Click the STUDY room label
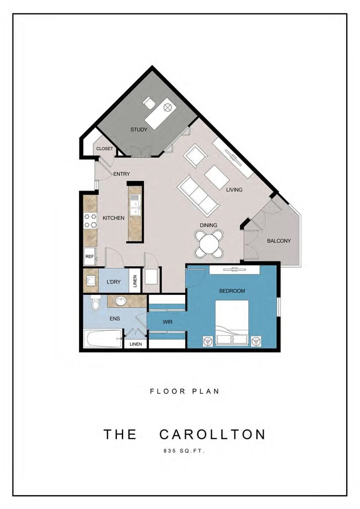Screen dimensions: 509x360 [x=139, y=130]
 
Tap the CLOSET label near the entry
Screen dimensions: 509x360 [x=104, y=149]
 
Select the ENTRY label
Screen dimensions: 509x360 [x=121, y=174]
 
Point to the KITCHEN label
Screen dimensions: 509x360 [x=113, y=218]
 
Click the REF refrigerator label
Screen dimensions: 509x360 [x=89, y=256]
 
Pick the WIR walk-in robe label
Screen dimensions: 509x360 [x=168, y=322]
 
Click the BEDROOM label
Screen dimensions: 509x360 [x=232, y=291]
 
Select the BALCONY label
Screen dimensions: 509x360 [x=279, y=241]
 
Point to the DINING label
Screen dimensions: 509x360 [x=210, y=226]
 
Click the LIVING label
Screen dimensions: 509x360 [x=234, y=190]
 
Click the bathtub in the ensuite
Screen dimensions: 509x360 [x=104, y=340]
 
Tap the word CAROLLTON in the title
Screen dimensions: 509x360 [x=212, y=434]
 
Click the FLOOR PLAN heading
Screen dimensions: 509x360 [x=184, y=391]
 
